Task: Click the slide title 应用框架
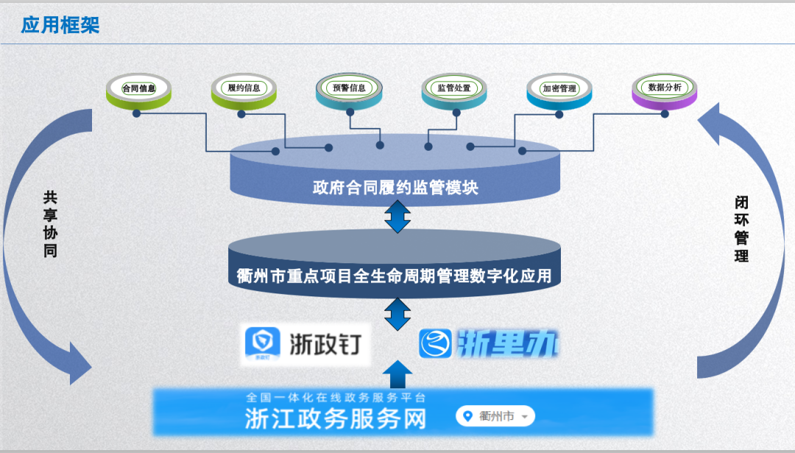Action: (60, 25)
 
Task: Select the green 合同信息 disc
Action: (138, 89)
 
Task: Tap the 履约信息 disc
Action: (244, 89)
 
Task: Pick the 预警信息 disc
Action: (349, 88)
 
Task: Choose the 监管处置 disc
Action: (453, 89)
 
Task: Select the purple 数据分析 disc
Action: (664, 88)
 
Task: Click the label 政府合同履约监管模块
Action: (396, 188)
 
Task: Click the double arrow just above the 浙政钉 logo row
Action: (397, 314)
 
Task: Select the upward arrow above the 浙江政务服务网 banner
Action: (398, 374)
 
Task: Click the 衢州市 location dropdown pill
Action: (495, 416)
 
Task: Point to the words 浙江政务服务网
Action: (336, 418)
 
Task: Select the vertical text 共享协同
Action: (50, 224)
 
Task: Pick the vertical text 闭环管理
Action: (741, 229)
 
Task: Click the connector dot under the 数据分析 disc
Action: (665, 114)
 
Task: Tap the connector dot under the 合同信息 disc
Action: (136, 113)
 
